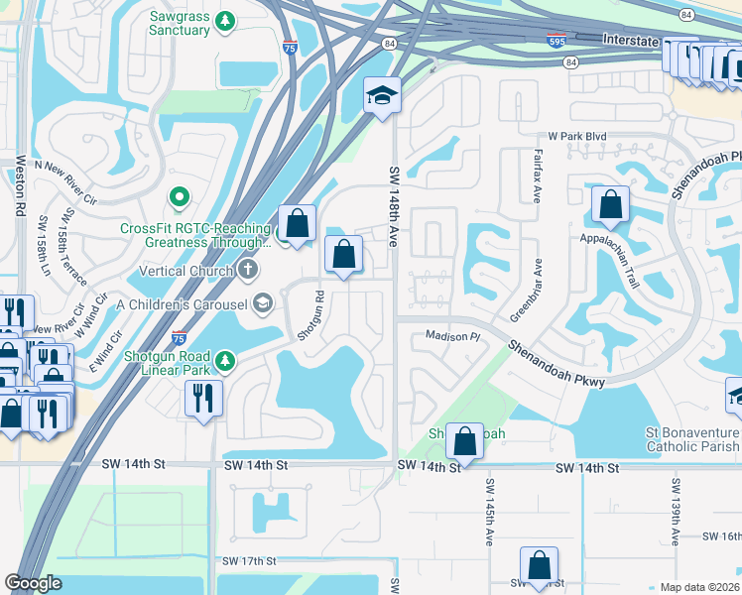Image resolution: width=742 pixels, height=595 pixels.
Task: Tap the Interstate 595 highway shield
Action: (x=556, y=41)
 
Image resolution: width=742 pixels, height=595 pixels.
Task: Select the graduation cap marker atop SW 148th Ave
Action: (x=382, y=96)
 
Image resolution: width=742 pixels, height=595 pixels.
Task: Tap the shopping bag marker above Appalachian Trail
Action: (x=610, y=206)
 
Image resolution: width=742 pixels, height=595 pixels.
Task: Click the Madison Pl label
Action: (x=452, y=336)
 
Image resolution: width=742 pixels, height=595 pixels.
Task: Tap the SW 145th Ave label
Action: (x=490, y=512)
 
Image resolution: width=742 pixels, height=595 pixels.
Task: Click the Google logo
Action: (x=33, y=583)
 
